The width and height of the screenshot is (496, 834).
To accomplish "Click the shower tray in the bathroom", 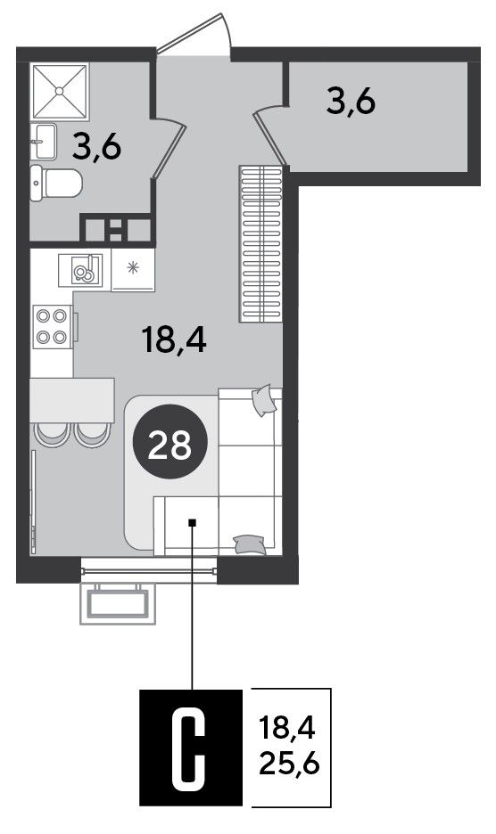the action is click(x=60, y=92).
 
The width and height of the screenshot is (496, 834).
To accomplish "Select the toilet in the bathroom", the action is click(x=56, y=183).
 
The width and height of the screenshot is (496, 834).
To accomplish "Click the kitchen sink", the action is click(x=80, y=270).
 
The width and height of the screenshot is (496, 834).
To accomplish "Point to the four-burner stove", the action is click(x=53, y=327).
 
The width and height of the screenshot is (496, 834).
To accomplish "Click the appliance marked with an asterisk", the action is click(x=133, y=270).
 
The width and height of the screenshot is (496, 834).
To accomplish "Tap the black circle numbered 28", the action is click(x=169, y=441).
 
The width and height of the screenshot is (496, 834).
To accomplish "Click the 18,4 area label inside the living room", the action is click(x=174, y=339).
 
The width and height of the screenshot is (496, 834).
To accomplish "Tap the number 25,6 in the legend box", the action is click(x=289, y=764).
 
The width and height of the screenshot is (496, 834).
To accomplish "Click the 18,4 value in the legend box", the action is click(x=287, y=726).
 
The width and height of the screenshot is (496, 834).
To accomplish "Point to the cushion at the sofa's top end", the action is click(x=264, y=400).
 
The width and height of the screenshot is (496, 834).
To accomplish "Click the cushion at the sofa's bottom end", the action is click(x=249, y=544).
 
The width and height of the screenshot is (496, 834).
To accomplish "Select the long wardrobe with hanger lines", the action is click(x=260, y=244).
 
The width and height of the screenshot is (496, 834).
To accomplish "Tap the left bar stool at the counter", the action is click(x=51, y=435).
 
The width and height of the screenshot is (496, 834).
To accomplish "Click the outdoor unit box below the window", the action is click(x=118, y=603).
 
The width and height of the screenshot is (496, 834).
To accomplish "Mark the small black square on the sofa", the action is click(x=193, y=522).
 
